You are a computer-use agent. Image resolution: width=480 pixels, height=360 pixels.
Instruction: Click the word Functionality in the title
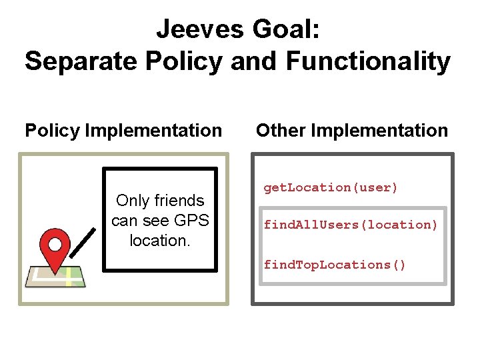point(368,62)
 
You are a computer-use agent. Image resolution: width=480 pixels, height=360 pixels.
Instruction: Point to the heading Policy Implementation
point(123,131)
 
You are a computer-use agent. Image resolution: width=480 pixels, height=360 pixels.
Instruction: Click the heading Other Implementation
point(352,131)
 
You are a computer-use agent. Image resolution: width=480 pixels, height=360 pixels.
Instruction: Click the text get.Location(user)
point(331,188)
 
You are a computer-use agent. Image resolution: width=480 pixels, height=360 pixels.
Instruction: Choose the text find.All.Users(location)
point(351,225)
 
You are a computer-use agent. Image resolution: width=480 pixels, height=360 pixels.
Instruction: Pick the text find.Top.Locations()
point(335,265)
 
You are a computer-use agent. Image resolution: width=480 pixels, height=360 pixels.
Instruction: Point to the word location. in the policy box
point(160,241)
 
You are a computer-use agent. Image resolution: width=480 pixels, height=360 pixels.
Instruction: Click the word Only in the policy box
point(132,201)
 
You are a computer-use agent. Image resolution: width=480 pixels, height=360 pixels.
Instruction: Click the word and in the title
point(256,62)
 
